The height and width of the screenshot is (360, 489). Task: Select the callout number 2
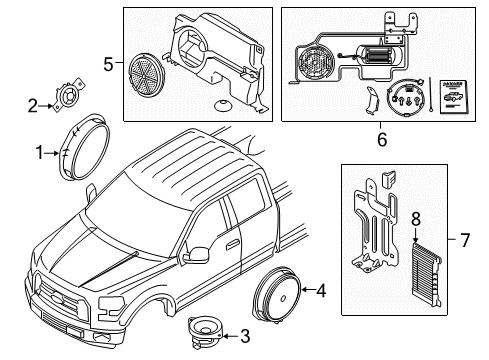[33, 105]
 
